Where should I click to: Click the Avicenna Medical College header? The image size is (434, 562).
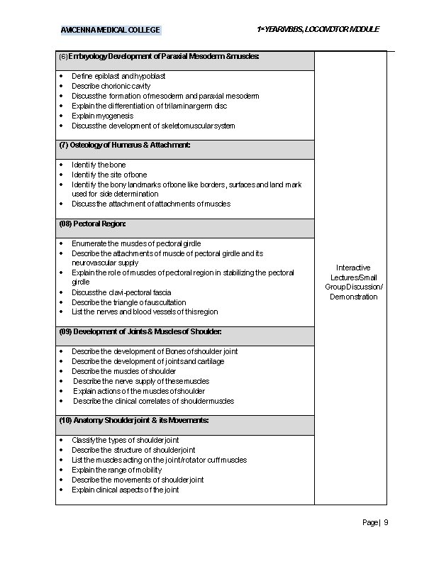coord(110,30)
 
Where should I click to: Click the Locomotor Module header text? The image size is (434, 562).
coord(318,29)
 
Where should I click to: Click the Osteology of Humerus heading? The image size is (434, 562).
coord(125,145)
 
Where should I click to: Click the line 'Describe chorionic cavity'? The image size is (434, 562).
coord(111,86)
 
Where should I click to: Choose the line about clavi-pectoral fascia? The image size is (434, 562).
coord(121,292)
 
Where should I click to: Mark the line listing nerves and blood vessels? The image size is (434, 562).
coord(145,312)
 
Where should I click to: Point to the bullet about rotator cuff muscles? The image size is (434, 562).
coord(159,460)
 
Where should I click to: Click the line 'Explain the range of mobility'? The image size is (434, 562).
coord(117,470)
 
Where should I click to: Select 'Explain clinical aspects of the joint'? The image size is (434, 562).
coord(125,490)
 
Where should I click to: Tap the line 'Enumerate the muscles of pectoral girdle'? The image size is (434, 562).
coord(136,243)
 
